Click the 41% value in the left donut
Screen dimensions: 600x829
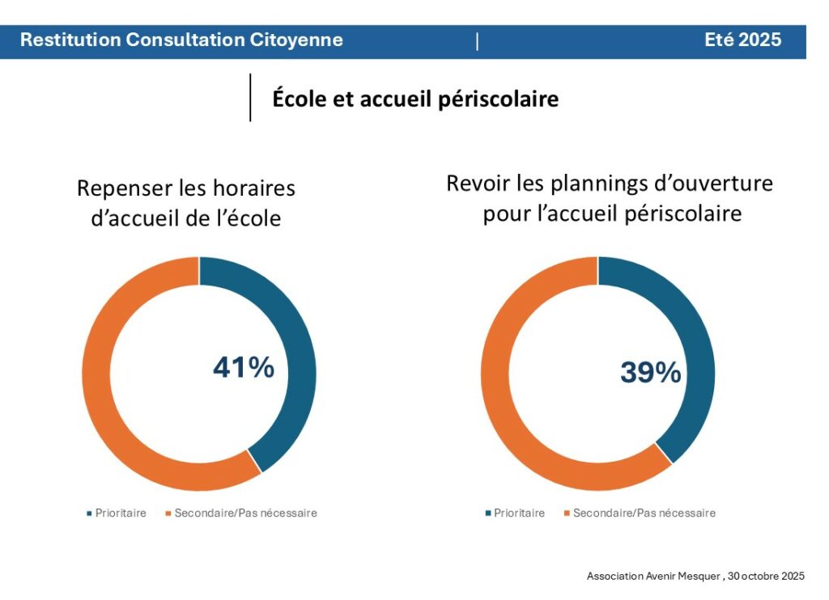pos(244,368)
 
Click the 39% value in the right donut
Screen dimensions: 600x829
pos(651,372)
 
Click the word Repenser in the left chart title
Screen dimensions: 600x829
pos(124,189)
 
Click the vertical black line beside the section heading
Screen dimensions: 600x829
pos(250,98)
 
